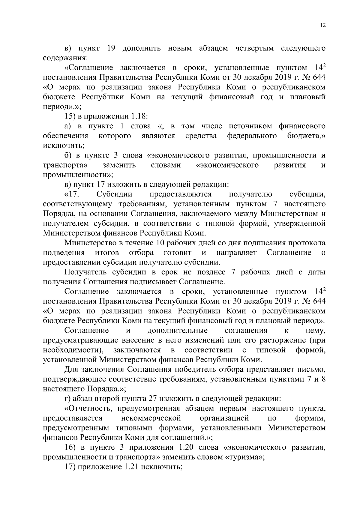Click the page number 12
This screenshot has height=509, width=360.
tap(322, 25)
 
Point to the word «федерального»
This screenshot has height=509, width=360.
tap(252, 136)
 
